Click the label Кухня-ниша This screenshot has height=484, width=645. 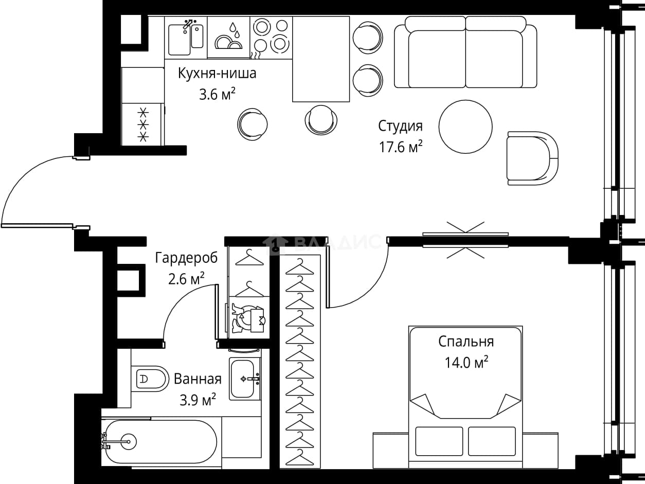(x=217, y=74)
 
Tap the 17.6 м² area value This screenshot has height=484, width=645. (x=401, y=147)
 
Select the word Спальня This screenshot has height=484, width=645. (x=466, y=342)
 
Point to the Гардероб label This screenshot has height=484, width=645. (x=186, y=258)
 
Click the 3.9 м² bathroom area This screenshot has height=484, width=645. (x=198, y=399)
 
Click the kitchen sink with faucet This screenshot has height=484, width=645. (x=186, y=38)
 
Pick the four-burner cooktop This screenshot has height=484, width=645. (x=271, y=38)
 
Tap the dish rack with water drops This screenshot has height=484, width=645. (x=228, y=37)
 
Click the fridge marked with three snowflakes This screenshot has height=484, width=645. (x=143, y=124)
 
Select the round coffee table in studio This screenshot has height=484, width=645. (x=465, y=127)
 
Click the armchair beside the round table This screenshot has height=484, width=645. (x=532, y=158)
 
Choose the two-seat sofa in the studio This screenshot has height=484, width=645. (x=465, y=52)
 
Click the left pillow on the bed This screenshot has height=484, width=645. (x=439, y=441)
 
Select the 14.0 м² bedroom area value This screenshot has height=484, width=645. (x=466, y=363)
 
